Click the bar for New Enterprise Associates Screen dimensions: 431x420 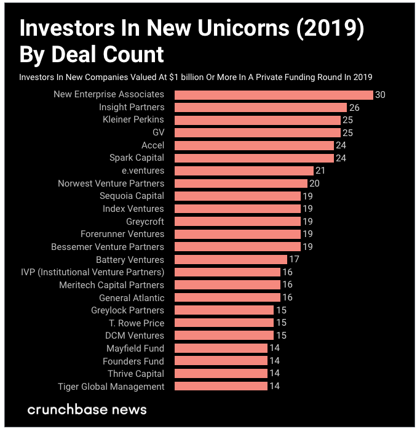(x=274, y=95)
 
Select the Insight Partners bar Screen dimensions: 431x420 (x=261, y=107)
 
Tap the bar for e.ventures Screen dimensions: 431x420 (x=244, y=171)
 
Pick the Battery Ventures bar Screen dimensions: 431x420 (x=231, y=260)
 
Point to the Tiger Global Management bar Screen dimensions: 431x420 (x=221, y=387)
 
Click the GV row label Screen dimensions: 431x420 (x=157, y=132)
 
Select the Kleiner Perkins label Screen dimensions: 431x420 (x=133, y=119)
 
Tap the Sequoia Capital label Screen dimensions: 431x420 (x=132, y=196)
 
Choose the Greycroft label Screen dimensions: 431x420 (x=145, y=221)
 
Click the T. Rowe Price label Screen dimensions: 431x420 (x=137, y=323)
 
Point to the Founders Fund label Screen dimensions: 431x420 (x=133, y=361)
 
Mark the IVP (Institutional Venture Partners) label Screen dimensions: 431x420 (x=93, y=272)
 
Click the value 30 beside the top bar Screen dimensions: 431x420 (x=380, y=95)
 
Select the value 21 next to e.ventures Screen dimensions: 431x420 (x=320, y=171)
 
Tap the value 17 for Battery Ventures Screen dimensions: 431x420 (x=294, y=260)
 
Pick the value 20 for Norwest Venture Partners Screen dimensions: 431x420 (x=314, y=183)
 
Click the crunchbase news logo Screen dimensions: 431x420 (x=87, y=409)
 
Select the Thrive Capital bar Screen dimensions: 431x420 (x=221, y=374)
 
